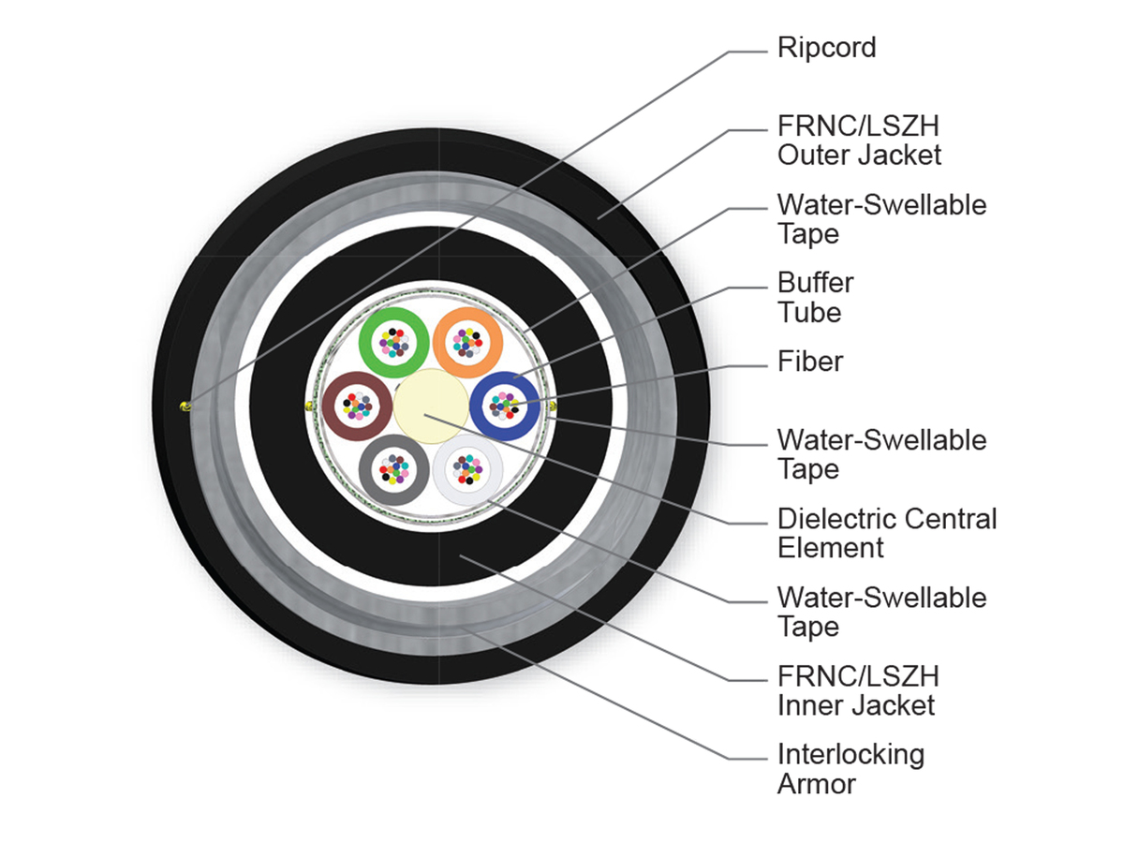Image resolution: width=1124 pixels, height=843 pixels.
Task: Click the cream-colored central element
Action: click(431, 406)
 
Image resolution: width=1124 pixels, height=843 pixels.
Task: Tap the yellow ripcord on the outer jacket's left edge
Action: click(185, 407)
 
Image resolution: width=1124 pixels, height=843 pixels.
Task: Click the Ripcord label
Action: click(826, 48)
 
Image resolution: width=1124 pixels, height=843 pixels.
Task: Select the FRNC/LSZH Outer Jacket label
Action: click(859, 140)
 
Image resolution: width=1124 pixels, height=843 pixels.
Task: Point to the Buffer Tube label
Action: click(815, 297)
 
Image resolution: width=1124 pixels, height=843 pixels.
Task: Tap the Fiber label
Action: click(809, 362)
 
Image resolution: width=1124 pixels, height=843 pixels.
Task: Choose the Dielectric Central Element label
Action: click(887, 533)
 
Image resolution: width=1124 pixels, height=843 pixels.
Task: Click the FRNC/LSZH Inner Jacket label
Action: click(858, 690)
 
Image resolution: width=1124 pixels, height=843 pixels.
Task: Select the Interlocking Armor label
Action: click(850, 769)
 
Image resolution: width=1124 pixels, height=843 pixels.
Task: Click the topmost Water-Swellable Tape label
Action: click(881, 219)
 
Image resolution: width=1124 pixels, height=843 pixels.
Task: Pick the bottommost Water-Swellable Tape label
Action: click(881, 612)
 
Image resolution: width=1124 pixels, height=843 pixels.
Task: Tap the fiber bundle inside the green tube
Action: click(393, 343)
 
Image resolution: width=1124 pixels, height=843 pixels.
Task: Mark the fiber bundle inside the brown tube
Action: click(357, 406)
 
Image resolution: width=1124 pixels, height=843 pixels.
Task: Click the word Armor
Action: click(816, 784)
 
